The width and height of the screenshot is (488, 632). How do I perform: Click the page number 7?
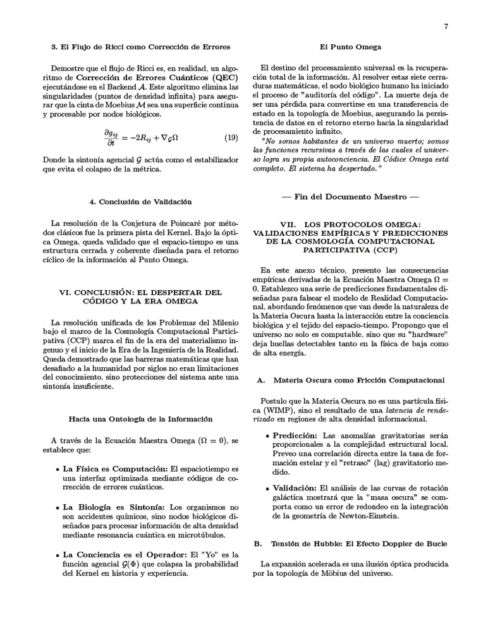446,27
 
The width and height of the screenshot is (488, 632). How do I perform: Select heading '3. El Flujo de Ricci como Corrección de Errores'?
140,47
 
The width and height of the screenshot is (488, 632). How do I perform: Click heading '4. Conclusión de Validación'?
140,202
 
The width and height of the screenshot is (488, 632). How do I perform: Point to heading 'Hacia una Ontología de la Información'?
140,418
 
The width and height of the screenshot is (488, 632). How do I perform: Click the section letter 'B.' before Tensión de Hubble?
258,544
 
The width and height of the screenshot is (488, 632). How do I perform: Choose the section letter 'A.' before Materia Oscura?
259,380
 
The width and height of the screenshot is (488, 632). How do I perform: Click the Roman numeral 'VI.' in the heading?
67,293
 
